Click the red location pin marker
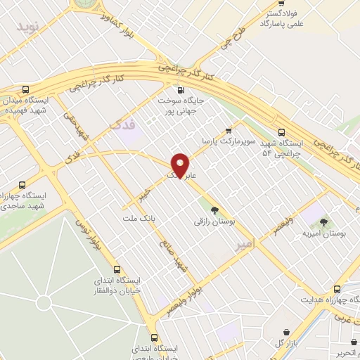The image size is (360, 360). click(x=180, y=166)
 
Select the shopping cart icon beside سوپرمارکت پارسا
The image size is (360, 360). click(x=229, y=130)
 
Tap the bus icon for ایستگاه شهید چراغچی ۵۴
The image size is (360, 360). click(x=282, y=131)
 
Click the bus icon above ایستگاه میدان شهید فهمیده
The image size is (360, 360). click(x=26, y=90)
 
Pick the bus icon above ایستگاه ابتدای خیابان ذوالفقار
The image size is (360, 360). click(x=117, y=269)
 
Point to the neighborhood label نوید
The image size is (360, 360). click(x=29, y=29)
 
